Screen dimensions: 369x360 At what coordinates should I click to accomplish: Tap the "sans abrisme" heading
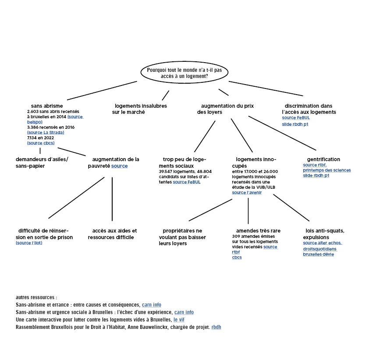coord(47,106)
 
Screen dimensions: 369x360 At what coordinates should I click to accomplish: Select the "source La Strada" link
coord(46,132)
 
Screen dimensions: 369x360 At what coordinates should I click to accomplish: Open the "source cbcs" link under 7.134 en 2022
coord(41,143)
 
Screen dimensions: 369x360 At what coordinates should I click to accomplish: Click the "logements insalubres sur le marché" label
coord(139,109)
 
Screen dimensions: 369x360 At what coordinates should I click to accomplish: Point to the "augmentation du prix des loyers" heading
coord(225,109)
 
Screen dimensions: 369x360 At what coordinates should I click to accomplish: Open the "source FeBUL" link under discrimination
coord(296,117)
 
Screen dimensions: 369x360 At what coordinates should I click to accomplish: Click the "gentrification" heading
coord(323,159)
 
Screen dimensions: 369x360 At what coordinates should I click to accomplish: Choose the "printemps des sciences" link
coord(327,170)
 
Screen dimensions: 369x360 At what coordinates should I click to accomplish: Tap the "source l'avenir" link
coord(247,192)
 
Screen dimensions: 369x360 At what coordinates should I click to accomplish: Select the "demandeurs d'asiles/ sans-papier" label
coord(42,162)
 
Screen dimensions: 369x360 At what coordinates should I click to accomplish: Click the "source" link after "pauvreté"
coord(120,166)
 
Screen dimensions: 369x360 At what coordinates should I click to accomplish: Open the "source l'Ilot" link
coord(29,243)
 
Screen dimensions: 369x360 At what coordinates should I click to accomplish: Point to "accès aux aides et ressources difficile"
coord(113,234)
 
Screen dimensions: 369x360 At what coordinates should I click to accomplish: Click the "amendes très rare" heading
coord(258,231)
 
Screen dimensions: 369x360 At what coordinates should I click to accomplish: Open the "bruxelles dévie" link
coord(319,254)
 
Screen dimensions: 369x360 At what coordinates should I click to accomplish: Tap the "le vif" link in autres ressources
coord(179,320)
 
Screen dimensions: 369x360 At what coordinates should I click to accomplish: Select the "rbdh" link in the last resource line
coord(216,327)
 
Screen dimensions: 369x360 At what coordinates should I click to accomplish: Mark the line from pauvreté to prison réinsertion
coord(76,198)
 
